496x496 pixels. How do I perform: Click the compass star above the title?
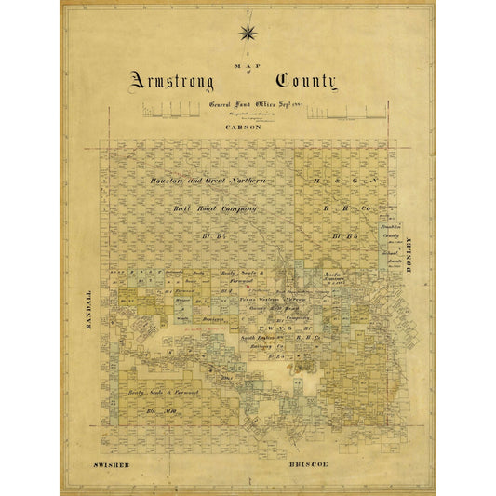248,34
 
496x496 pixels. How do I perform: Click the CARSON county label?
243,127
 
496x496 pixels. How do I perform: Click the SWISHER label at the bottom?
114,462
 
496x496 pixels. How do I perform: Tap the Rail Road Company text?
214,209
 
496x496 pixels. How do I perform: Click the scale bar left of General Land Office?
173,113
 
